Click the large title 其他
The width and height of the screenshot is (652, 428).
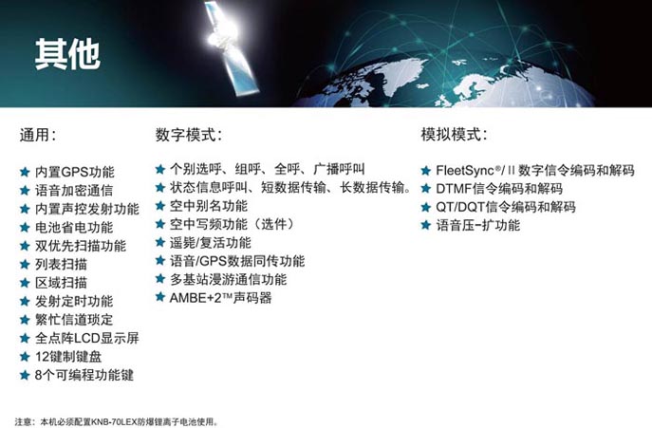coord(67,54)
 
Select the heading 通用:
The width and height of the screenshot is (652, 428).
coord(38,135)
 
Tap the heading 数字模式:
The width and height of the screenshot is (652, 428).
coord(189,135)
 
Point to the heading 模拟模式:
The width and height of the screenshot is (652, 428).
coord(454,135)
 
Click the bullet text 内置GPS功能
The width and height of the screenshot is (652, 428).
coord(74,172)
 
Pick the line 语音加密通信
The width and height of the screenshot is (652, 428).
coord(74,190)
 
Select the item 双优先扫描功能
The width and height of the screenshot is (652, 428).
coord(81,246)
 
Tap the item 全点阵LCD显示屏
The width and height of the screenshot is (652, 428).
coord(87,338)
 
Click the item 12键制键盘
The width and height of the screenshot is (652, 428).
coord(68,357)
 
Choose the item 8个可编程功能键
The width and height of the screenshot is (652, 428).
coord(84,375)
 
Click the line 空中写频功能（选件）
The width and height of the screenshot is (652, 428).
coord(232,224)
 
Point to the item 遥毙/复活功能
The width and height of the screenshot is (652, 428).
coord(211,243)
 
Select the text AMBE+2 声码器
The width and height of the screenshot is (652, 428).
coord(221,298)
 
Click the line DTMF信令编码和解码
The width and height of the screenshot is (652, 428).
coord(499,189)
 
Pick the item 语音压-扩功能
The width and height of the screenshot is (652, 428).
coord(477,226)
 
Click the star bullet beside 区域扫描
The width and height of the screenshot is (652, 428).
coord(25,283)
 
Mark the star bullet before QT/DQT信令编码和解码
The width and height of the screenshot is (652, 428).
coord(425,207)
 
